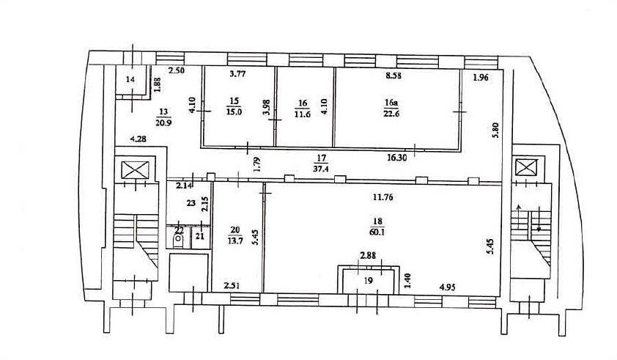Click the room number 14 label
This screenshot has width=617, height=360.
click(130, 80)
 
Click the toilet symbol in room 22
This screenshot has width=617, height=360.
click(178, 239)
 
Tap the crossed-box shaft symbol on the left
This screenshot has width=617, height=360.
click(136, 169)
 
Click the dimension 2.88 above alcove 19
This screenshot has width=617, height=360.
click(369, 257)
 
